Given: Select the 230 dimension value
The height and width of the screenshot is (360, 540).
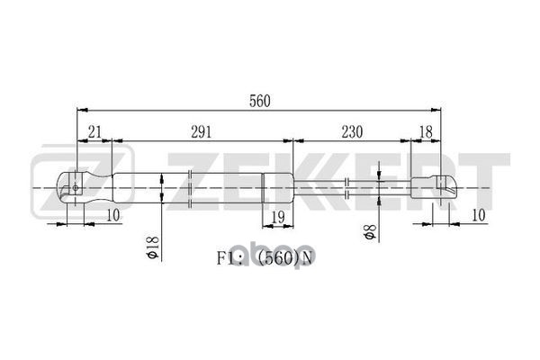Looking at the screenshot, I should (x=351, y=131).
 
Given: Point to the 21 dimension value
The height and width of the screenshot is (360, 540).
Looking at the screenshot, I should (x=94, y=131).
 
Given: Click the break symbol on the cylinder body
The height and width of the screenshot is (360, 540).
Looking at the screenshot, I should (x=192, y=187).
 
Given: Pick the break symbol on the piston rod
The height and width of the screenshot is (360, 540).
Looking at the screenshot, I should (x=347, y=187).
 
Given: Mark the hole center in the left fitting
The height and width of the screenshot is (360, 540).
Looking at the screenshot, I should (x=76, y=187).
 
